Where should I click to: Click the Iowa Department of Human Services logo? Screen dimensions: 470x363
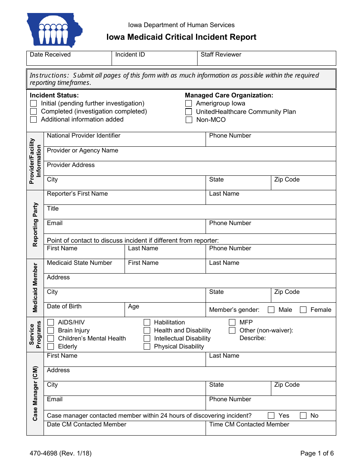(x=54, y=30)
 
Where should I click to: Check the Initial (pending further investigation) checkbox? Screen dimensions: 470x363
(x=34, y=104)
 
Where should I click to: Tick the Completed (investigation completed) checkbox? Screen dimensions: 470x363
(x=34, y=112)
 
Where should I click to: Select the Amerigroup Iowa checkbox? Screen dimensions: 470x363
(x=189, y=104)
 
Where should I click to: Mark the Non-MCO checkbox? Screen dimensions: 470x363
(x=189, y=120)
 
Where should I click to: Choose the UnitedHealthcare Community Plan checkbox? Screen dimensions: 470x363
(x=189, y=112)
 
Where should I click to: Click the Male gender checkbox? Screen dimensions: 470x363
(x=271, y=310)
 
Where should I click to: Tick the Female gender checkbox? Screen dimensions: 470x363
(x=303, y=310)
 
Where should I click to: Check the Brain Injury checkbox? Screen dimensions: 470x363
(x=51, y=331)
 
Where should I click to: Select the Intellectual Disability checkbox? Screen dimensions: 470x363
(x=147, y=339)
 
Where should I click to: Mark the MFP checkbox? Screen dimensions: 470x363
(x=232, y=323)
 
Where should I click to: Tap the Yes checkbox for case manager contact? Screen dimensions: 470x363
(x=271, y=416)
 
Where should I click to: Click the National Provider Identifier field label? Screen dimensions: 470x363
(x=83, y=136)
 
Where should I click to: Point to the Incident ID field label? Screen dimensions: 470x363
(x=130, y=55)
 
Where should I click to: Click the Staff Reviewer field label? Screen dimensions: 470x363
(x=221, y=55)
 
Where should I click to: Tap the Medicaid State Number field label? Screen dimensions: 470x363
(x=79, y=263)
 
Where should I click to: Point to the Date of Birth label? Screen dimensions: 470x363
(x=64, y=306)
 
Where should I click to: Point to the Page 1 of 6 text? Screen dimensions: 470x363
(x=317, y=454)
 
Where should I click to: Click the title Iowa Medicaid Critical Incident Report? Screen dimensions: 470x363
(x=181, y=37)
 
